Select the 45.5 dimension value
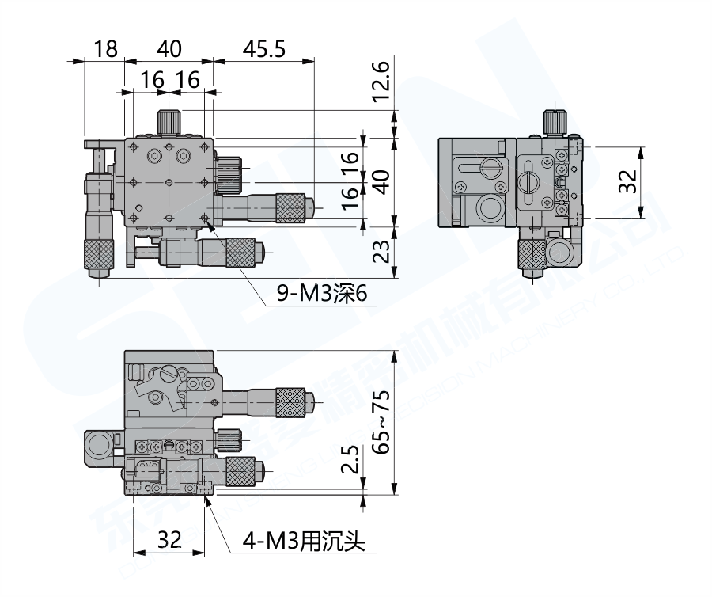(x=264, y=48)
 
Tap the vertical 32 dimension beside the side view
(x=627, y=182)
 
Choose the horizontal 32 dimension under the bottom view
(x=169, y=540)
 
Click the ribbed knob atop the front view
(x=168, y=123)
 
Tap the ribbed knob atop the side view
(x=555, y=123)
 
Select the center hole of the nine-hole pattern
(x=169, y=182)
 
